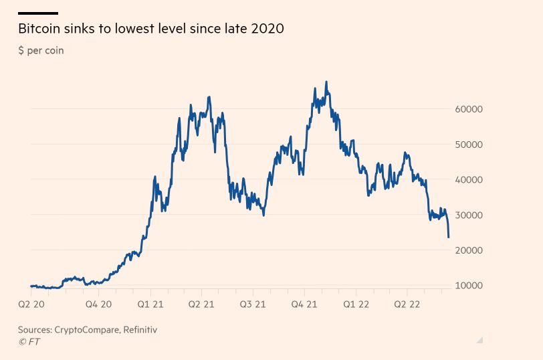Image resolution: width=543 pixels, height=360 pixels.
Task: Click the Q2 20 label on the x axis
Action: pyautogui.click(x=31, y=304)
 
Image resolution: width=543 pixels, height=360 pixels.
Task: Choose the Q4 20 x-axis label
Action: pyautogui.click(x=98, y=304)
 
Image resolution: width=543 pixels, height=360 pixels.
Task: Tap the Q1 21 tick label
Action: pyautogui.click(x=150, y=304)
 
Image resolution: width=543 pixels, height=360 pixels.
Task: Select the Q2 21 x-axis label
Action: pyautogui.click(x=201, y=304)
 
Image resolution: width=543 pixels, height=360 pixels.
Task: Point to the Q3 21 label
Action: pyautogui.click(x=253, y=304)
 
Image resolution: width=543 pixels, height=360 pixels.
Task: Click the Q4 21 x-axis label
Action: pyautogui.click(x=304, y=304)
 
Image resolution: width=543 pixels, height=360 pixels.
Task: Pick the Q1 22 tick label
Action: pyautogui.click(x=356, y=304)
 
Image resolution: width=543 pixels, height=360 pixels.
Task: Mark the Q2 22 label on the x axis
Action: pyautogui.click(x=407, y=304)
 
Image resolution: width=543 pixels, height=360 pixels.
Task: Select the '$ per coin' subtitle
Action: pyautogui.click(x=41, y=50)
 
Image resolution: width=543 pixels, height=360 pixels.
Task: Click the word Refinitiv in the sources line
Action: pyautogui.click(x=140, y=330)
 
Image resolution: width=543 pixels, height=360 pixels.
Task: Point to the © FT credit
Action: pyautogui.click(x=29, y=341)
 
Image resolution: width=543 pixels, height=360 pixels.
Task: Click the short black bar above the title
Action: pyautogui.click(x=37, y=13)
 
